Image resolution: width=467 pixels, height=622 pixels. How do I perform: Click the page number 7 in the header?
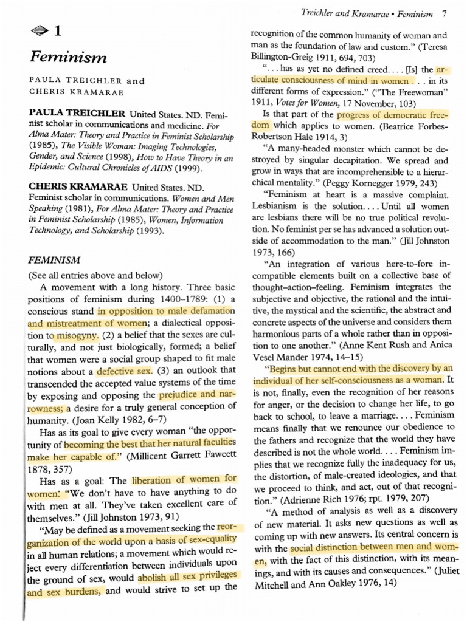pyautogui.click(x=445, y=13)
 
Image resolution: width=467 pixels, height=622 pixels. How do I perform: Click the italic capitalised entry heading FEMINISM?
pyautogui.click(x=54, y=260)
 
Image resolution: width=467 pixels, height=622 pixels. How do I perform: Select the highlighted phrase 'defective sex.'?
pyautogui.click(x=125, y=371)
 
